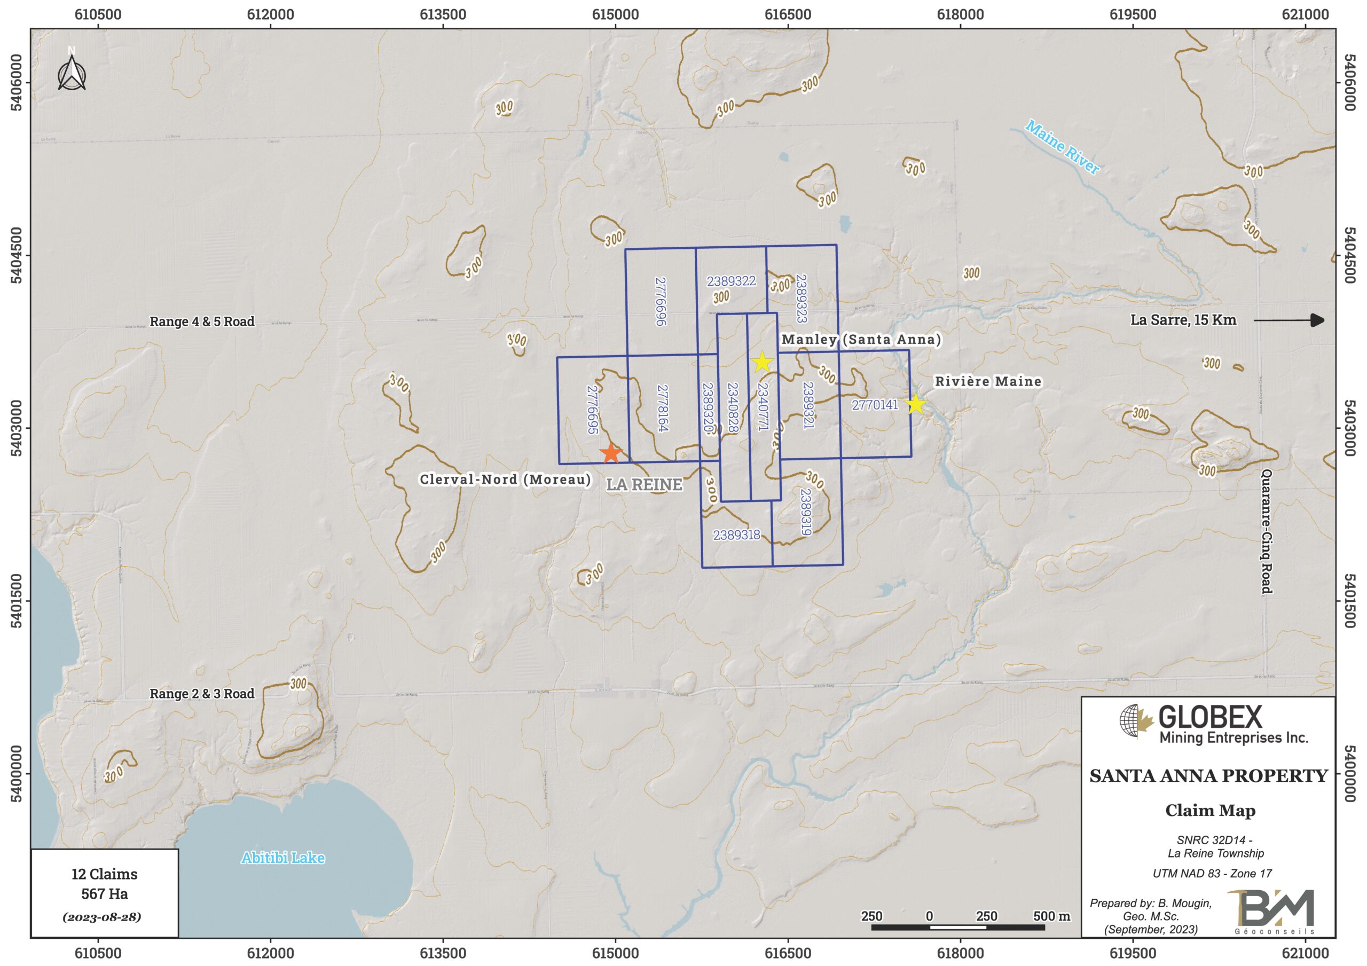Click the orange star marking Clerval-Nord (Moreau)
[x=611, y=453]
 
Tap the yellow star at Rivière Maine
[x=916, y=404]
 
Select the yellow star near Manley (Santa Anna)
[x=763, y=362]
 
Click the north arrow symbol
[x=72, y=73]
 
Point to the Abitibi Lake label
[x=283, y=858]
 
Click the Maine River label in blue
[x=1062, y=147]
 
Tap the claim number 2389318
[x=736, y=535]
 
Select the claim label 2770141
[x=875, y=405]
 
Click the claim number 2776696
[x=661, y=301]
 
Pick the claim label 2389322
[x=731, y=281]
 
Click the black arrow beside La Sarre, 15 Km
[x=1289, y=320]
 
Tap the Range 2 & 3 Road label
[x=202, y=694]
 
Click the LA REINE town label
[x=644, y=485]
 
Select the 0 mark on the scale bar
[x=929, y=916]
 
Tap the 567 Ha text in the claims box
[x=105, y=893]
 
